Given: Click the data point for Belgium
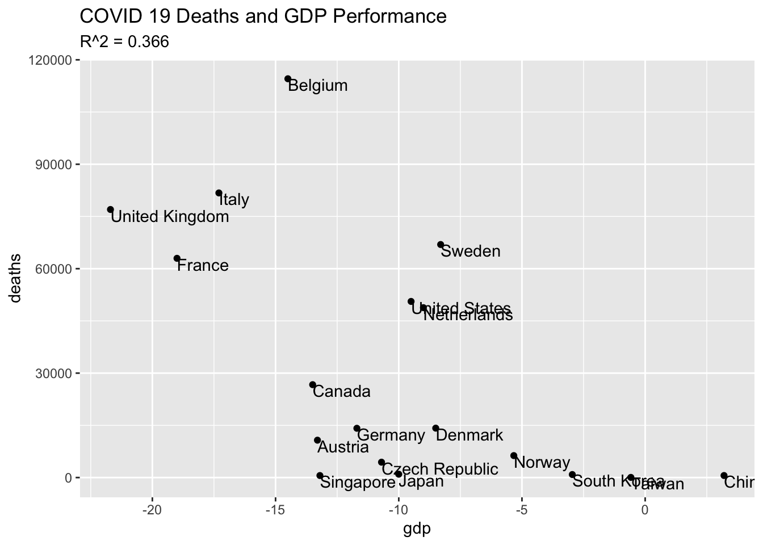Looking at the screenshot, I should (288, 79).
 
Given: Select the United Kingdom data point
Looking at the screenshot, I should (111, 209).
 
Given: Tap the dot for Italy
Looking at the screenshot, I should (219, 193).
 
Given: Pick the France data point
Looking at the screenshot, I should (177, 258).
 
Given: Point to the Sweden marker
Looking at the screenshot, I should (441, 245).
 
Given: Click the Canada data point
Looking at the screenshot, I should (313, 385).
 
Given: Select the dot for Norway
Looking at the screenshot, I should (514, 455).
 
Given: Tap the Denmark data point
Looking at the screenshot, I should (435, 428).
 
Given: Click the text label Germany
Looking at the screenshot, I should (391, 435).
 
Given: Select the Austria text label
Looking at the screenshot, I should (343, 447).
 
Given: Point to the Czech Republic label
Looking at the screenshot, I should (440, 469).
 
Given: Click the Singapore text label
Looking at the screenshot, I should (358, 483).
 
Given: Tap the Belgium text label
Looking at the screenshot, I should (318, 86).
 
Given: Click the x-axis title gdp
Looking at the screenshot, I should (417, 529).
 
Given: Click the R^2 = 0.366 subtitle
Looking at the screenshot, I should (124, 42).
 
